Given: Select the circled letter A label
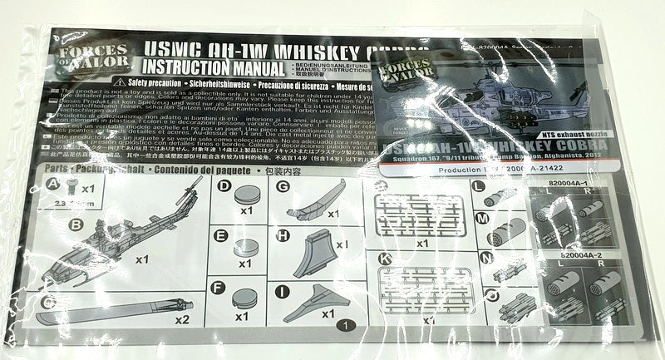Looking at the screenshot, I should [x=53, y=182].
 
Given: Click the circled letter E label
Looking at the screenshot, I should [x=222, y=235].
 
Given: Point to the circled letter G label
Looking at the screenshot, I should [x=283, y=186].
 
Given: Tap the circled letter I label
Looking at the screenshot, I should [x=283, y=290].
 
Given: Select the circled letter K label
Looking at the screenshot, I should [x=382, y=259].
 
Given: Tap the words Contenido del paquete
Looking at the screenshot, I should [x=196, y=169].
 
